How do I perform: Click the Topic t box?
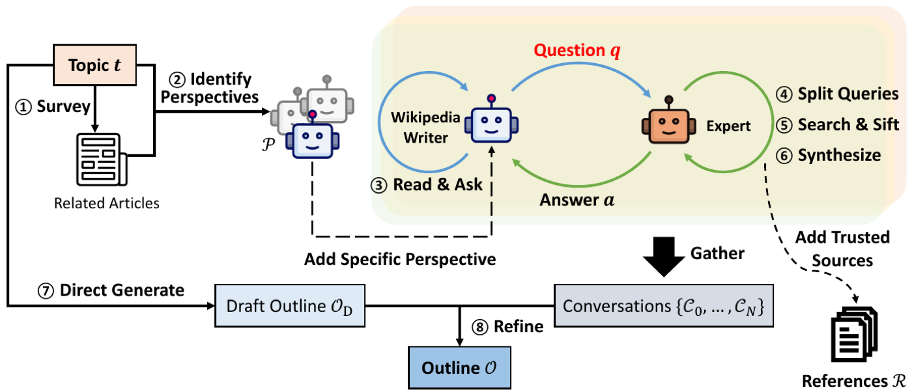tap(95, 64)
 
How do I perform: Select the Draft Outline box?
tap(289, 305)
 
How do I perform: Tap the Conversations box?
tap(664, 305)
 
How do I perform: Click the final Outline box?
tap(460, 367)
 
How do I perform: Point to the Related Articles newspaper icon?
tap(102, 160)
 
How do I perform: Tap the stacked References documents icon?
tap(854, 334)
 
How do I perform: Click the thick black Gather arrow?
tap(664, 257)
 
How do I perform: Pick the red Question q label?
tap(577, 51)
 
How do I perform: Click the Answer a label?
tap(577, 200)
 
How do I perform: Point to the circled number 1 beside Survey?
tap(23, 107)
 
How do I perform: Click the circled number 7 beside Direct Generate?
tap(46, 291)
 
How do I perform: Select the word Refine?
tap(519, 326)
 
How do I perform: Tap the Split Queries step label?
tap(848, 94)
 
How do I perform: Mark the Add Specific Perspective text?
tap(400, 259)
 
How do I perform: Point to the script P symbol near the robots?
tap(268, 144)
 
